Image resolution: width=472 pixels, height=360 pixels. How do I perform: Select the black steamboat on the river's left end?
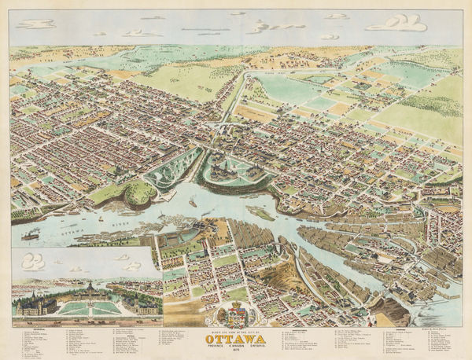tap(31, 234)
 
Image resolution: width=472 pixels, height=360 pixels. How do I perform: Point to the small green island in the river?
tap(260, 212)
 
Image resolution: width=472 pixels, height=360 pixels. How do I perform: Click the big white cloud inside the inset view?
tap(33, 261)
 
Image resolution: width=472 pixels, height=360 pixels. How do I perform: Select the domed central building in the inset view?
tap(87, 290)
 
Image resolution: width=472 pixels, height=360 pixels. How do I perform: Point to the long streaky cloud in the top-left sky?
tap(36, 24)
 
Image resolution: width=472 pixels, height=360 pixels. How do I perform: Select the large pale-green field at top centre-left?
tap(185, 79)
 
